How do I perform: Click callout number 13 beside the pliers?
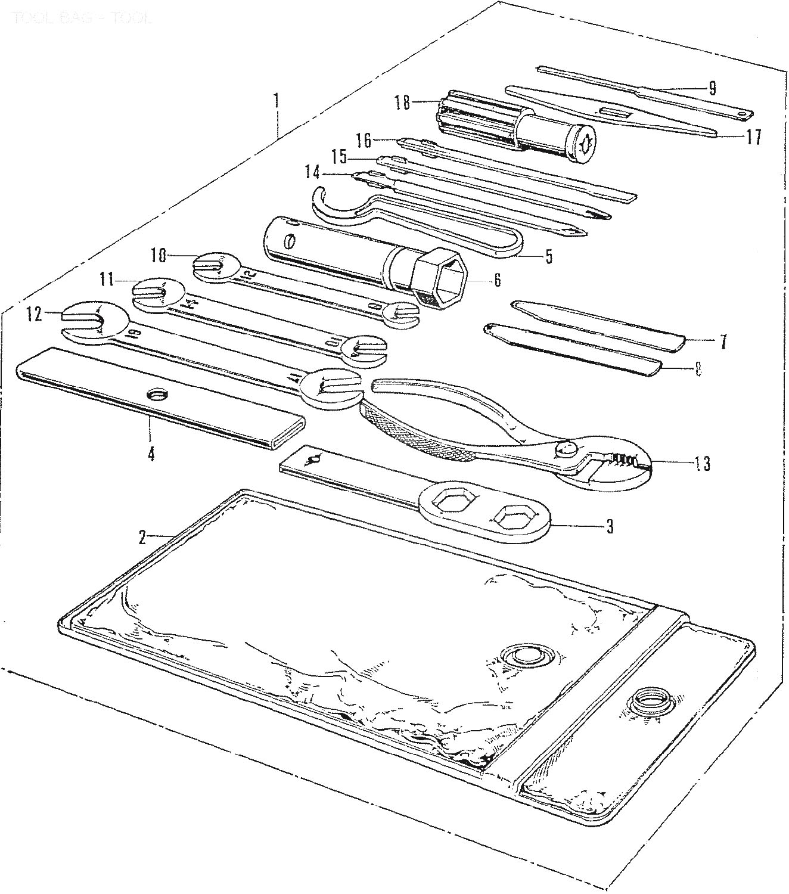(x=703, y=464)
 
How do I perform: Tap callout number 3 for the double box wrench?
(x=609, y=527)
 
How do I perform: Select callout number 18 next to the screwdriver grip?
(x=402, y=103)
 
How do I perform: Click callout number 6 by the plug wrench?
(x=497, y=280)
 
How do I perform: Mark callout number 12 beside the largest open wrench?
(x=34, y=313)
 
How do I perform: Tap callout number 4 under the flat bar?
(x=151, y=454)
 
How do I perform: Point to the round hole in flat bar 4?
(x=158, y=395)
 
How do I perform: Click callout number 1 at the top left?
(x=275, y=100)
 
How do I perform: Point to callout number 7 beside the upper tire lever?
(x=722, y=342)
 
